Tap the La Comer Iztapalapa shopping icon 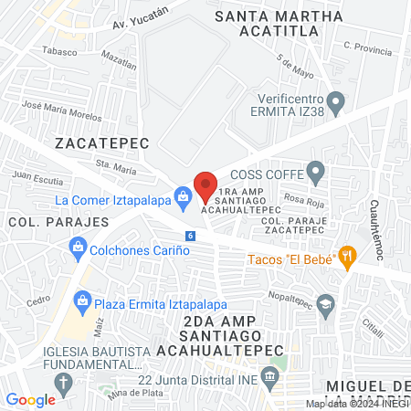[184, 195]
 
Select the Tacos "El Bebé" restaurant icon [346, 258]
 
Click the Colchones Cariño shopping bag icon [78, 247]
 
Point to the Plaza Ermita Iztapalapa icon [83, 300]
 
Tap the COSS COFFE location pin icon [316, 170]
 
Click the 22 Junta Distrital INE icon [269, 376]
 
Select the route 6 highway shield [189, 236]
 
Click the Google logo [30, 399]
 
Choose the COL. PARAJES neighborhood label [40, 221]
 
